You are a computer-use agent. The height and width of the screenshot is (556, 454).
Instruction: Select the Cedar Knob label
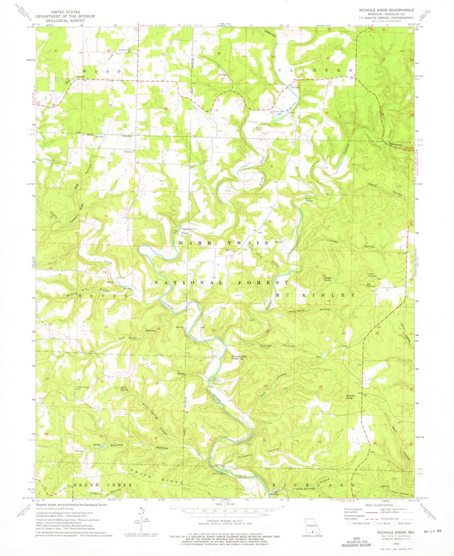coord(328,277)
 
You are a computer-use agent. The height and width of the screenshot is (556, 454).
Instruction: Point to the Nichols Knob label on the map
coord(347,397)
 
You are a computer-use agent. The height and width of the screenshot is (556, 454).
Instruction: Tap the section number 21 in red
coord(322,332)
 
